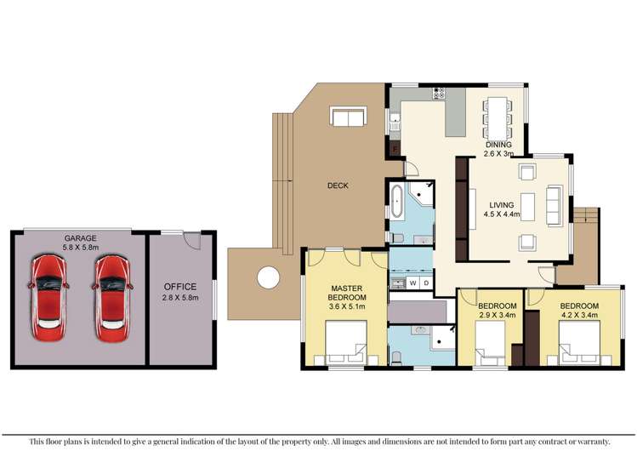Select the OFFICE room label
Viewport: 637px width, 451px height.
pos(179,287)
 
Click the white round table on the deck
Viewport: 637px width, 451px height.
pos(268,277)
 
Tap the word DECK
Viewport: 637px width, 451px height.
pos(338,186)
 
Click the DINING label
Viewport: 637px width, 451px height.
pos(498,145)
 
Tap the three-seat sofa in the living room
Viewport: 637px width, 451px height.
pos(554,206)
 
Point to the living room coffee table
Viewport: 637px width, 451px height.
pos(528,207)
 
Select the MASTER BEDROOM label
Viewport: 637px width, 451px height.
pos(348,294)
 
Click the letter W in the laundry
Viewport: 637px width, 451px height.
pos(413,283)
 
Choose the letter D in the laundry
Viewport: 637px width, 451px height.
pos(426,283)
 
